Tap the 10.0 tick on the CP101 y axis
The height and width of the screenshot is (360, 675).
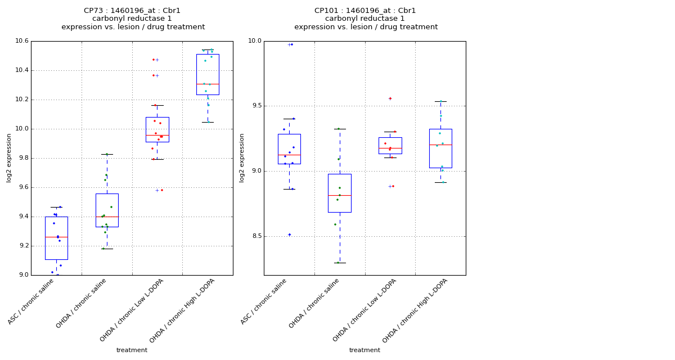point(255,41)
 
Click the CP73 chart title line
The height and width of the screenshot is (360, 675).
point(132,11)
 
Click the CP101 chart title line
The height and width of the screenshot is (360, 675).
point(365,11)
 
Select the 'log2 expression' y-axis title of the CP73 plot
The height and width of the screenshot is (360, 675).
point(9,157)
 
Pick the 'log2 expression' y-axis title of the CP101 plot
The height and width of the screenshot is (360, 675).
point(242,157)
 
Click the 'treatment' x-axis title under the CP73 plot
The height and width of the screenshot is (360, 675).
point(132,350)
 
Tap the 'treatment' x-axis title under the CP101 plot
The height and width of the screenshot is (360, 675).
point(364,350)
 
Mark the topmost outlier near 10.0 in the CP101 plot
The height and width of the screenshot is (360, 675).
point(290,44)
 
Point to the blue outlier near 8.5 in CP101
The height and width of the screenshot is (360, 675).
point(290,235)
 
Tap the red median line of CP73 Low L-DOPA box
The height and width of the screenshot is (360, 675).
point(157,135)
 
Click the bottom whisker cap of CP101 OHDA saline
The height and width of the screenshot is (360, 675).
point(339,263)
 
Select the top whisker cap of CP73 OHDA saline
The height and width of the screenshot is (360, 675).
point(107,154)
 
